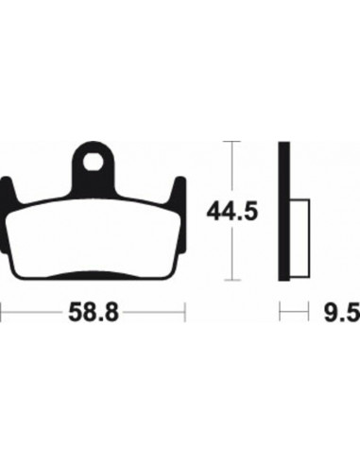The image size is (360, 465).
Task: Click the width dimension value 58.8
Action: [92, 310]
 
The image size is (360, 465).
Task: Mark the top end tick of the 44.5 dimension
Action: [231, 142]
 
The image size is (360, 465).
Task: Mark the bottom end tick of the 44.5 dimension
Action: [231, 281]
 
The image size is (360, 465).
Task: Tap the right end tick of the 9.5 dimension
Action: [309, 310]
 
